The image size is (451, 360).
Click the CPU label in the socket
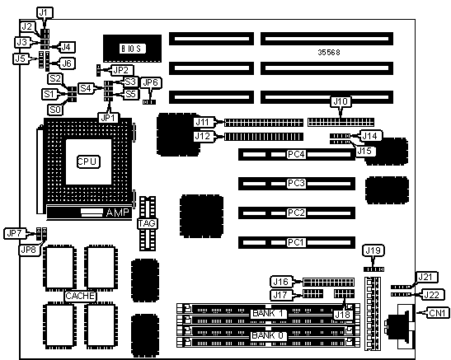coord(88,161)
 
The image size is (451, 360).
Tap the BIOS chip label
coord(132,49)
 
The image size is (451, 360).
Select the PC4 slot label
coord(296,154)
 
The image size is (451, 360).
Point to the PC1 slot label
coord(296,242)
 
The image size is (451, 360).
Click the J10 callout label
coord(341,101)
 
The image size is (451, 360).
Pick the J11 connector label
coord(204,122)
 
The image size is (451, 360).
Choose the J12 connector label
coord(204,136)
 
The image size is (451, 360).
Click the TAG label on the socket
coord(147,223)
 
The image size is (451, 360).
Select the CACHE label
coord(80,296)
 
